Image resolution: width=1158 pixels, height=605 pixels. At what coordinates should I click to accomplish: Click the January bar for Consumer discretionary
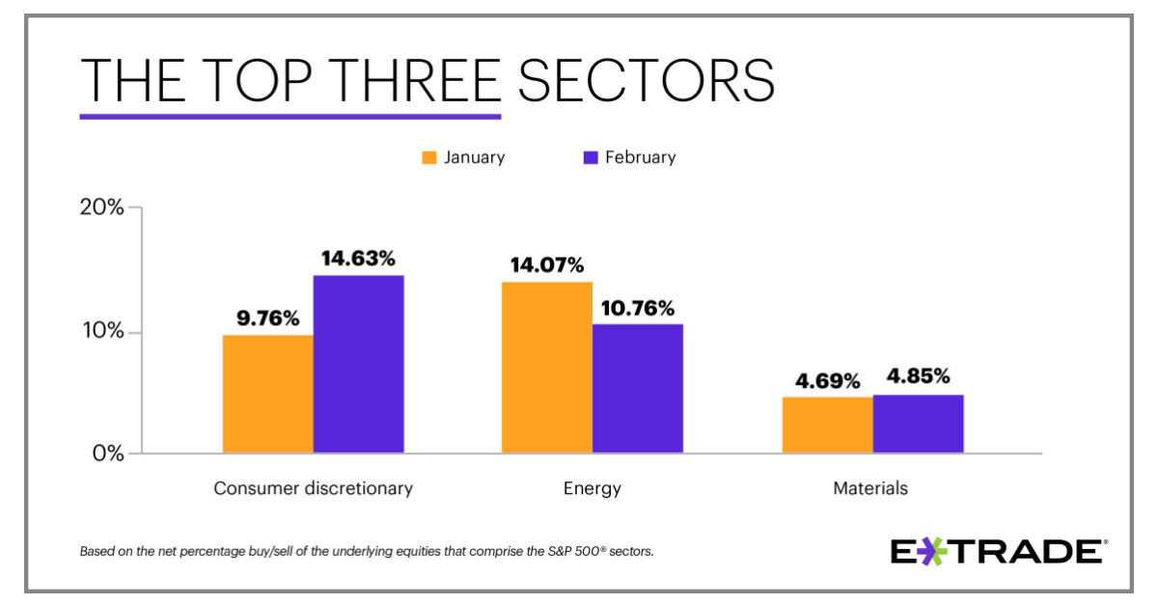click(x=267, y=394)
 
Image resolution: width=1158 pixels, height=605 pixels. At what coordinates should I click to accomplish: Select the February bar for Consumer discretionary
click(x=358, y=364)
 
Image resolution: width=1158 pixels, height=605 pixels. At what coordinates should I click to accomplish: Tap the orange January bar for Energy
click(x=546, y=367)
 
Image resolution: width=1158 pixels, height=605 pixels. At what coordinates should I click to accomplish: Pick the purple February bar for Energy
click(x=637, y=388)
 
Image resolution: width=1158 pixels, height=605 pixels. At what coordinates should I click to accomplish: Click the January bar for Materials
click(x=827, y=425)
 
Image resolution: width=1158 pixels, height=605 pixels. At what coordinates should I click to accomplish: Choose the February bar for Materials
click(x=918, y=424)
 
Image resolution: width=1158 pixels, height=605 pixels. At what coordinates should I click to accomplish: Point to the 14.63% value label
click(x=357, y=259)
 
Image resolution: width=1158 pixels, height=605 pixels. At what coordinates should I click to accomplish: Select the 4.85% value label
click(x=919, y=377)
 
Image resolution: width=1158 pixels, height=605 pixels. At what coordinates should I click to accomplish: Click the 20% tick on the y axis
click(x=101, y=207)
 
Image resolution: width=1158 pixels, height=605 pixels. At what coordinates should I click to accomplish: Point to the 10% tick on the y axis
click(x=101, y=332)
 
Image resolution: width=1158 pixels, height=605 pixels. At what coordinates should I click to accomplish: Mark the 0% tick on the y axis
click(x=105, y=454)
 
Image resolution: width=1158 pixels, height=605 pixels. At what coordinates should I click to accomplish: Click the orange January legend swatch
click(x=429, y=157)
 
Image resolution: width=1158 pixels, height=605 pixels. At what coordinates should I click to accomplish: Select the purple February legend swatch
click(x=591, y=157)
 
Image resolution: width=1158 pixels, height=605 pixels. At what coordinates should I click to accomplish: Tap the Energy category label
click(x=592, y=488)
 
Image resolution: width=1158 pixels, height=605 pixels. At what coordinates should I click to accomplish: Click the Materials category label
click(x=870, y=488)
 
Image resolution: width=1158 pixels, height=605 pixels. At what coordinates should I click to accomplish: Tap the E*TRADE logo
click(x=997, y=552)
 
